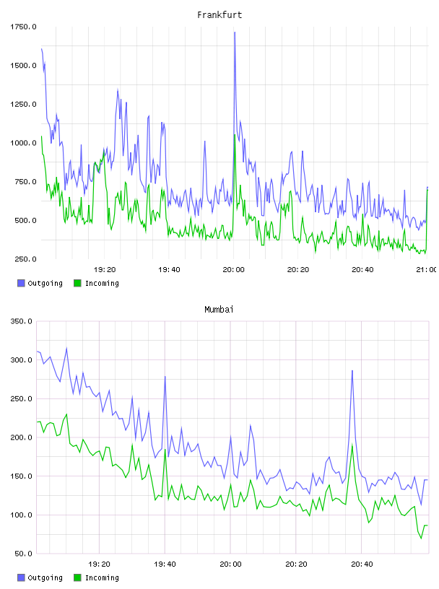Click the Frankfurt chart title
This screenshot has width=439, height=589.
(x=219, y=15)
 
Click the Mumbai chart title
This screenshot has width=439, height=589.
(x=219, y=310)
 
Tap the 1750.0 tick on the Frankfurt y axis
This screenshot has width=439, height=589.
(x=23, y=27)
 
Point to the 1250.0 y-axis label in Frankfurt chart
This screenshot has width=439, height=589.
(x=23, y=104)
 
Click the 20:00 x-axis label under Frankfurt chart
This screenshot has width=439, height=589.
(x=233, y=270)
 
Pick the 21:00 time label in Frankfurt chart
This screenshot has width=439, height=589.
(x=427, y=270)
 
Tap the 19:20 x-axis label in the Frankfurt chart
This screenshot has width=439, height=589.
(x=105, y=270)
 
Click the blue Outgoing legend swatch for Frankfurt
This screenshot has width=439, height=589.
(x=21, y=283)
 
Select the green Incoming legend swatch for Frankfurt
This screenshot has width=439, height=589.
(x=77, y=283)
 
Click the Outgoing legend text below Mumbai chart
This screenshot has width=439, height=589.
(x=45, y=577)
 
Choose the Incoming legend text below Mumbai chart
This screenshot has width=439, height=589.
(x=102, y=577)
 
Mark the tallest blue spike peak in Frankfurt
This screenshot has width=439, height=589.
(x=235, y=32)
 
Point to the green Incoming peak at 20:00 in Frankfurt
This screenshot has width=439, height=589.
(x=235, y=134)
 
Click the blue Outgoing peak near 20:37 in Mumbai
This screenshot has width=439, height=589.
(x=352, y=371)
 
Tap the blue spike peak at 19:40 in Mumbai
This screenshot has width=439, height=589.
(x=165, y=376)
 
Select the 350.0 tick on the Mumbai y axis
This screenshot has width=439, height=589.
(x=22, y=321)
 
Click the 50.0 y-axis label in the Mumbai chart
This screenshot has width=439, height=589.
(x=23, y=554)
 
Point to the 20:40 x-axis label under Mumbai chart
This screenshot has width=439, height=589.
(x=362, y=564)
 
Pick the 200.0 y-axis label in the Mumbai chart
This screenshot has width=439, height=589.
(x=22, y=437)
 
